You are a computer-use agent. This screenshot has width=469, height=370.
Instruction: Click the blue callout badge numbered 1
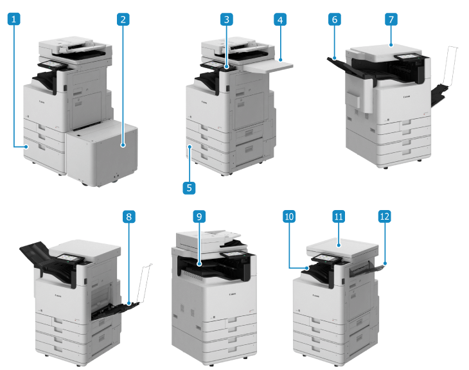point(13,19)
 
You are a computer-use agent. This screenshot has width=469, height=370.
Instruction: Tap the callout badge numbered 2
point(123,19)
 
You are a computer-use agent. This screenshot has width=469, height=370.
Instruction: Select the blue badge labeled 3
point(226,19)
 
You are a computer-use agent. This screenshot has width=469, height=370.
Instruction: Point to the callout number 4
point(280,19)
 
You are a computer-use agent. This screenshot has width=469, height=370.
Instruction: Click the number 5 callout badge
point(189,188)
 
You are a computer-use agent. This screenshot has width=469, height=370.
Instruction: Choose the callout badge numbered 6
point(334,19)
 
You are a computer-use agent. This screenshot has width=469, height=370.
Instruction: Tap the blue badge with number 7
point(391,19)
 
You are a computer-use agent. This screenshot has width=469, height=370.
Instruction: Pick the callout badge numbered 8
point(129,216)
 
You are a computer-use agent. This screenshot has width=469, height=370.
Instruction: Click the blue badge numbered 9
point(199,216)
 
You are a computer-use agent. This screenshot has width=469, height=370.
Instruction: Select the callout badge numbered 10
point(289,216)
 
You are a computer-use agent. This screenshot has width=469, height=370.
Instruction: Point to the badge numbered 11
point(339,216)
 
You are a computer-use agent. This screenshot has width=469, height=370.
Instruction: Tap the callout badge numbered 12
point(385,216)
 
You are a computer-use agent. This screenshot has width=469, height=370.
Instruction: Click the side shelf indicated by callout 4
point(269,66)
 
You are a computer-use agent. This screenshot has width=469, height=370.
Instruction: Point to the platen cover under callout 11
point(342,247)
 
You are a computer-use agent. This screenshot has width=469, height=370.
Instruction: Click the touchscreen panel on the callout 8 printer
point(69,258)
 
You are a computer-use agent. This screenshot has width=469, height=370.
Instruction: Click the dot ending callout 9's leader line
point(199,265)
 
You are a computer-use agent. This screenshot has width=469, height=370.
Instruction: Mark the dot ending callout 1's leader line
point(26,146)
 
